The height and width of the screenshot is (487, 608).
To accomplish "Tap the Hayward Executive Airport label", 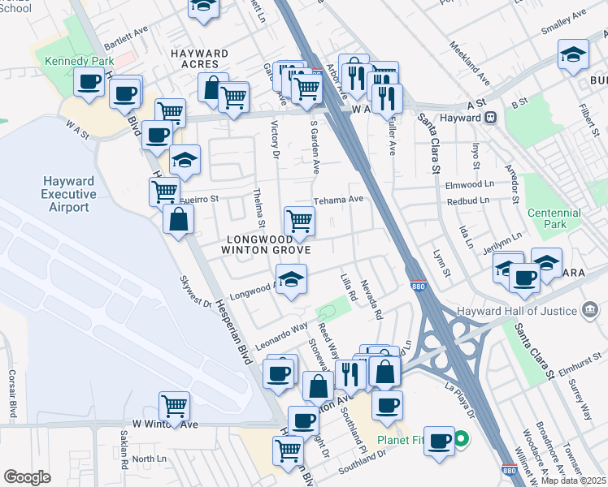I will (x=67, y=194).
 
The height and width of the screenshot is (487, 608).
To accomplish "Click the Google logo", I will (x=27, y=476).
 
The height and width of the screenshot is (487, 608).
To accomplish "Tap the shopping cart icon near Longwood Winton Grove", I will (x=299, y=220).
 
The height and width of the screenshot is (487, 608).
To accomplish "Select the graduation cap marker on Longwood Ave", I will (x=290, y=279).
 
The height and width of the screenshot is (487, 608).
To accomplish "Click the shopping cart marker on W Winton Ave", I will (x=175, y=405).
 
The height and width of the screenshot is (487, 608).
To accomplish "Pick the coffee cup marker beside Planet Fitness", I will (x=439, y=441).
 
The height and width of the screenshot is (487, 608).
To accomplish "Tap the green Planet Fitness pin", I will (x=461, y=442).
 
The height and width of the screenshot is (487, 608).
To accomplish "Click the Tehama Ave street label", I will (x=338, y=200).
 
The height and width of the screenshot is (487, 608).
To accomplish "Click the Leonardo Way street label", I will (x=282, y=329).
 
